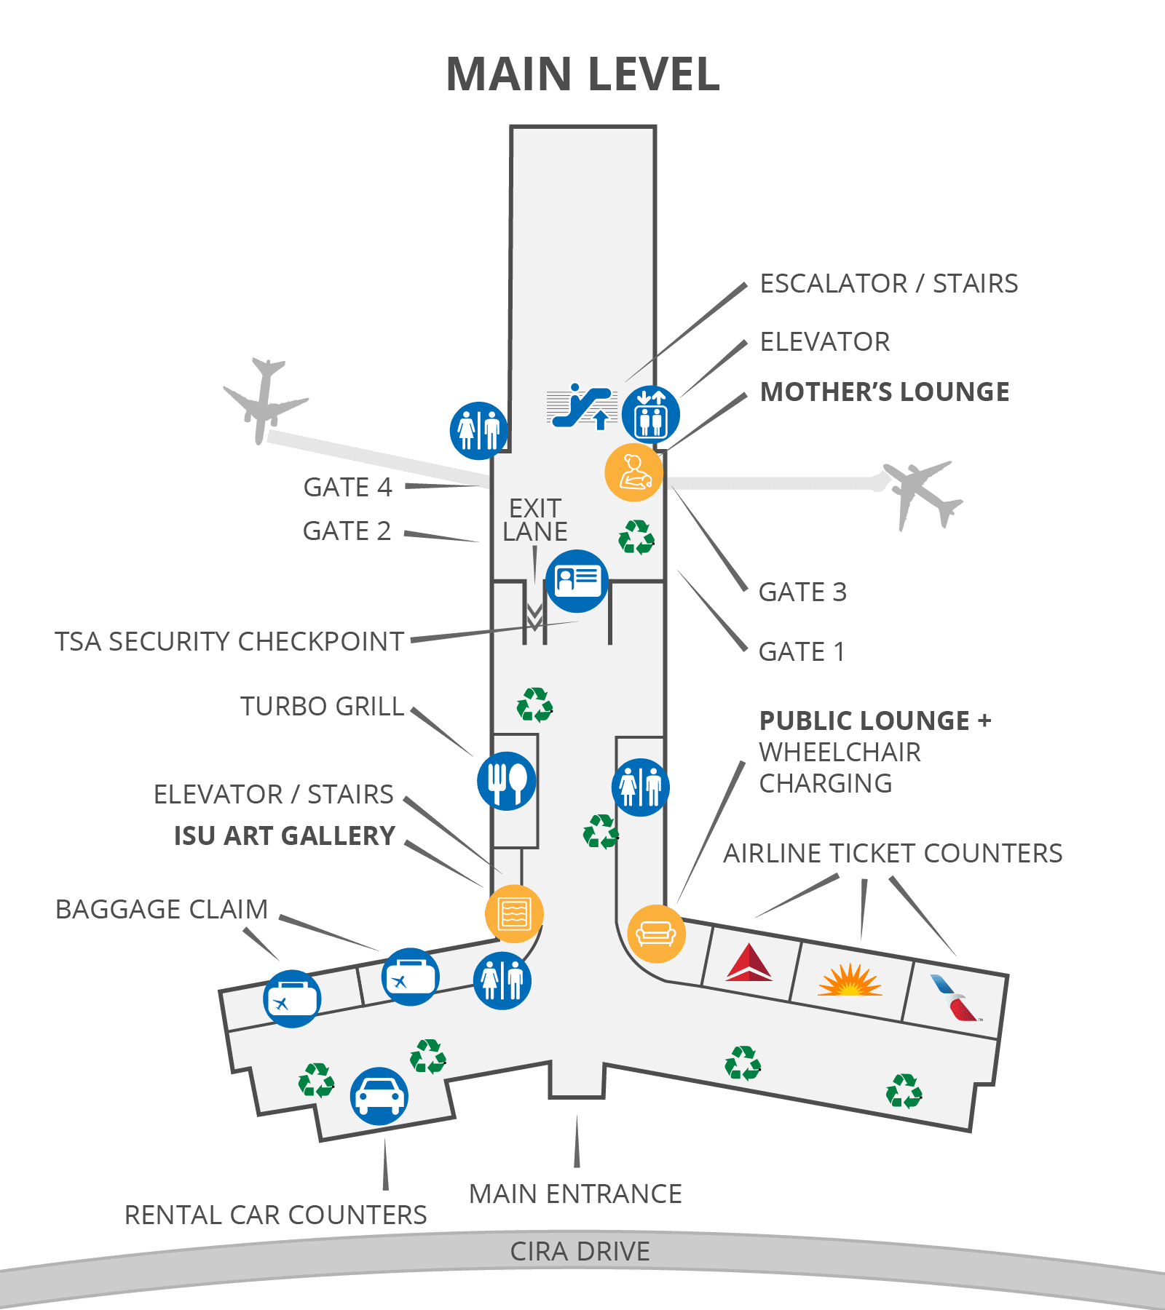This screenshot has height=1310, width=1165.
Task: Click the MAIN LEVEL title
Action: (x=582, y=74)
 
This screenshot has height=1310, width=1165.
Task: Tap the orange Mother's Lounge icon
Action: (x=634, y=472)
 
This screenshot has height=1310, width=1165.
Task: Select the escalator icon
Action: (x=582, y=406)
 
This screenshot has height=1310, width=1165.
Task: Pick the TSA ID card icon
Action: (x=577, y=581)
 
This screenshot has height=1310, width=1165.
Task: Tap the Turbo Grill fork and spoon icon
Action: (x=507, y=781)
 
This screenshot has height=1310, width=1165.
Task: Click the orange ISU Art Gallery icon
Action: (x=515, y=913)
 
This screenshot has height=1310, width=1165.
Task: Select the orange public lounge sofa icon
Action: (x=657, y=934)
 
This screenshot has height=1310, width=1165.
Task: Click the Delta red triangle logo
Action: (x=749, y=962)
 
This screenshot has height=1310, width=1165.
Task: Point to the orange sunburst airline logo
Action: (x=850, y=979)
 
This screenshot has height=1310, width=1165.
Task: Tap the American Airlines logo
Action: (x=955, y=998)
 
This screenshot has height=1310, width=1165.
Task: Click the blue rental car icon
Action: (x=379, y=1096)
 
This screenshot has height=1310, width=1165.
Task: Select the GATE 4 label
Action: (x=347, y=487)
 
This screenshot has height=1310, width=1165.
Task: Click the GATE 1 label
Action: (x=802, y=651)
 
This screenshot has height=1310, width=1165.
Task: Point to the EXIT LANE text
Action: (x=535, y=520)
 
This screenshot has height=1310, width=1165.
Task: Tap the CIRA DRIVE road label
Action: (x=580, y=1251)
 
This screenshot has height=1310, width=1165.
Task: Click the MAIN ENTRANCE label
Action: (x=575, y=1194)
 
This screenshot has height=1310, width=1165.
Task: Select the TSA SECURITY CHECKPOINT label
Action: (x=229, y=641)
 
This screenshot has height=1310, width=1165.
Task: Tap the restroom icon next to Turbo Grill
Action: (x=641, y=787)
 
